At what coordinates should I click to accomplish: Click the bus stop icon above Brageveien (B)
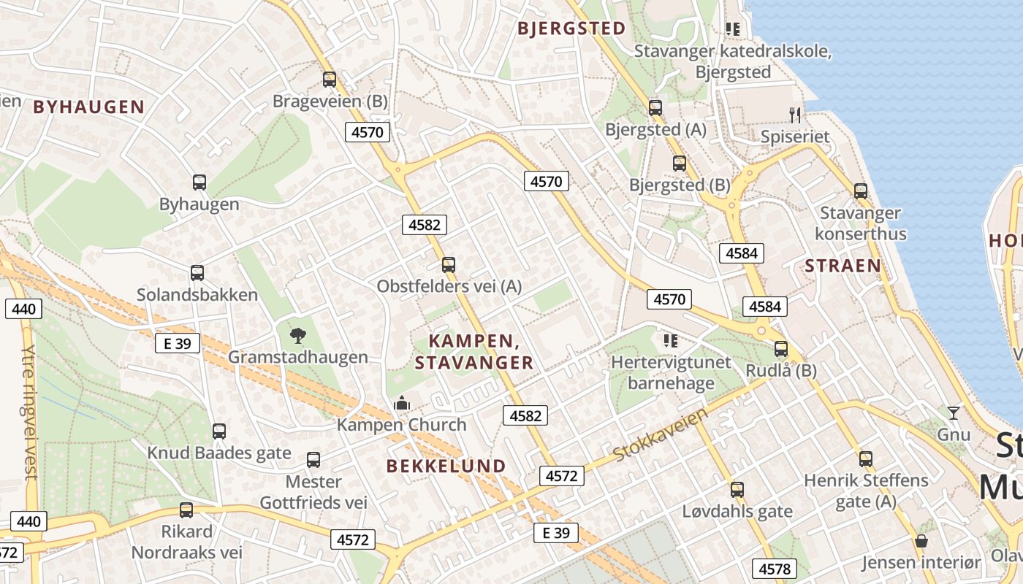[330, 80]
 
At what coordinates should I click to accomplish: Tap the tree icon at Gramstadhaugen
[297, 336]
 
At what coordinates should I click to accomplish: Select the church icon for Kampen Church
[401, 403]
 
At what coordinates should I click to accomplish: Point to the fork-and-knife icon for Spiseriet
[795, 115]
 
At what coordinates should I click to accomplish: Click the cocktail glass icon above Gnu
[953, 413]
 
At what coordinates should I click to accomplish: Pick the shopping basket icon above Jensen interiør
[921, 542]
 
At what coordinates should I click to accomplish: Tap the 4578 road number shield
[775, 569]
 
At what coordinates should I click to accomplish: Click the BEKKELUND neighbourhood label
[446, 466]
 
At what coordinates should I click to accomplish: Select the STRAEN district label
[843, 266]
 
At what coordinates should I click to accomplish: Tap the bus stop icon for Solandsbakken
[197, 273]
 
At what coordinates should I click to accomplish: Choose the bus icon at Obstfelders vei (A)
[449, 265]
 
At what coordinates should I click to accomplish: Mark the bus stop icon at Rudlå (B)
[781, 349]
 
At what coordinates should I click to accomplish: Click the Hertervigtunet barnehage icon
[670, 341]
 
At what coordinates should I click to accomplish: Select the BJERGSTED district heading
[571, 28]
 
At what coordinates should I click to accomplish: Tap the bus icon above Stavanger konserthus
[861, 191]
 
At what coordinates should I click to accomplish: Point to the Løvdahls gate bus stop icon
[737, 489]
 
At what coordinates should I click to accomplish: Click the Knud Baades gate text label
[219, 453]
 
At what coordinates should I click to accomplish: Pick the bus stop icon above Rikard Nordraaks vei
[186, 510]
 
